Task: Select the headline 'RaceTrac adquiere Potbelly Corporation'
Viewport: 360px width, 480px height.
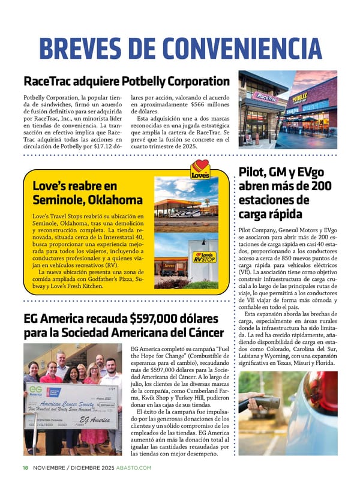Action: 126,81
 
